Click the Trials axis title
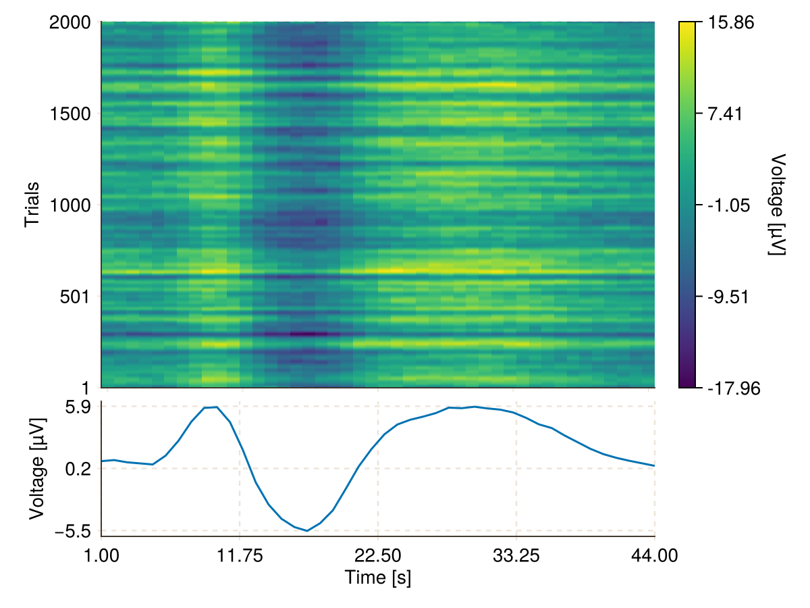click(31, 205)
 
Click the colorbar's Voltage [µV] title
click(778, 205)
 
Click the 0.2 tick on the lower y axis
click(83, 468)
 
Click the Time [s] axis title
click(378, 578)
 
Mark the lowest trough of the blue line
click(307, 531)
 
